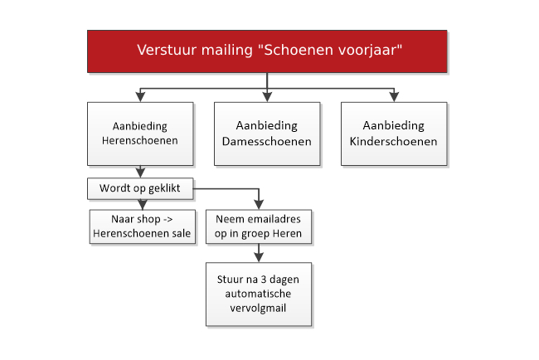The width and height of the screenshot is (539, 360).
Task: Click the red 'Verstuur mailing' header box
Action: tap(267, 51)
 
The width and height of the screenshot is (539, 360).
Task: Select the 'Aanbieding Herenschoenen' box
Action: tap(140, 134)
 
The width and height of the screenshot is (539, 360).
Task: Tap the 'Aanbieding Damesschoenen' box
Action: tap(267, 134)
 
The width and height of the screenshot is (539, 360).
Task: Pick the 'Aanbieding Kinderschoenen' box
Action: tap(394, 134)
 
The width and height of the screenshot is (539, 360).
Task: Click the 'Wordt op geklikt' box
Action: tap(140, 188)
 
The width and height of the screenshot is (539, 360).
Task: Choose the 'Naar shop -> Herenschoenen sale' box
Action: tap(143, 226)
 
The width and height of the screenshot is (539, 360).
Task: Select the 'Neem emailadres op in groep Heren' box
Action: tap(259, 226)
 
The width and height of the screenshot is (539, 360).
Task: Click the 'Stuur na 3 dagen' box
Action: tap(259, 294)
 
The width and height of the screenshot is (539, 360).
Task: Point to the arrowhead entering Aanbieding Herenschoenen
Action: tap(140, 97)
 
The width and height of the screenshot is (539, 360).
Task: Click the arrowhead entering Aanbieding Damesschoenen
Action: tap(267, 97)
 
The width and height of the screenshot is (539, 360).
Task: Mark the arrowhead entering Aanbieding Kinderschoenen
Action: tap(394, 97)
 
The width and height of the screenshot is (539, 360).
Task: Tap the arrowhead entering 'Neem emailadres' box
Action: tap(259, 205)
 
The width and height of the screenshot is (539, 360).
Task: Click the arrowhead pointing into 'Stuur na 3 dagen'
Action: tap(259, 258)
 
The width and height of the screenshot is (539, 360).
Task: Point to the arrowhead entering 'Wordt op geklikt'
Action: tap(140, 173)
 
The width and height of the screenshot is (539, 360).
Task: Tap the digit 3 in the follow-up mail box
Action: tap(264, 280)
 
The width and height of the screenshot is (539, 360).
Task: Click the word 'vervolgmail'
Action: tap(258, 308)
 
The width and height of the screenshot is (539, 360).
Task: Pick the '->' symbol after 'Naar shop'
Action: tap(168, 219)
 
